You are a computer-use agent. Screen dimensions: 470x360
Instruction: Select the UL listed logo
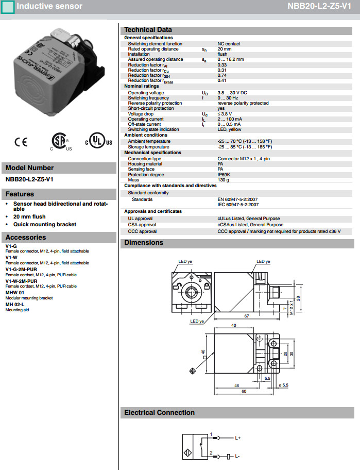[x=98, y=141]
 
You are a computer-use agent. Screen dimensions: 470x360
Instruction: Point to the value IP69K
[x=224, y=174]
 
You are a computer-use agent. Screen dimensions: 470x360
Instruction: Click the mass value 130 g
[x=224, y=180]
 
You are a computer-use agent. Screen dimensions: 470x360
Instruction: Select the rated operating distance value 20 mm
[x=225, y=49]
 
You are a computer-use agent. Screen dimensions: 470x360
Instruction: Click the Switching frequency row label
[x=148, y=98]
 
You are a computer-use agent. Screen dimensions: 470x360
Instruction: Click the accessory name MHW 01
[x=15, y=293]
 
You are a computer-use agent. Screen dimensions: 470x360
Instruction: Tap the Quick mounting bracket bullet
[x=45, y=225]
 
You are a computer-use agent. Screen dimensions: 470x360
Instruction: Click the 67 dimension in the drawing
[x=247, y=315]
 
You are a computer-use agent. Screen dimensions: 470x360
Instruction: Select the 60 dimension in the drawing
[x=244, y=392]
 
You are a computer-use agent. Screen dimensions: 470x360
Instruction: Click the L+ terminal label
[x=238, y=438]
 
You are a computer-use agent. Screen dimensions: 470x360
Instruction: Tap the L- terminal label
[x=237, y=457]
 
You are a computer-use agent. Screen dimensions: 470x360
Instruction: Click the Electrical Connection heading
[x=159, y=413]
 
